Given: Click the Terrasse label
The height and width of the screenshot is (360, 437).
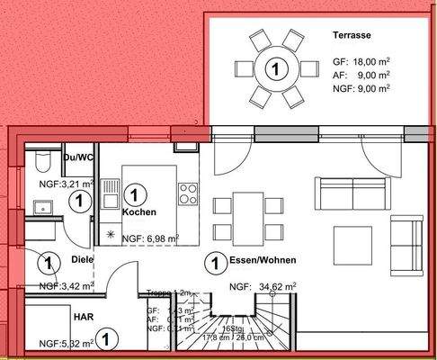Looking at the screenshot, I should click(x=351, y=37).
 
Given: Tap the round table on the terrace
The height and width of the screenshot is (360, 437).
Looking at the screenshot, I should click(x=276, y=67).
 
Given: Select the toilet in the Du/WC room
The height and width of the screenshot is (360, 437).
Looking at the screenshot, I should click(x=40, y=163).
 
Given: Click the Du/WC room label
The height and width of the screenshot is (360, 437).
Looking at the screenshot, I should click(x=79, y=157).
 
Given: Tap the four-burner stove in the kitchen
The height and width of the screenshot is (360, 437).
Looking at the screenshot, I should click(x=189, y=193).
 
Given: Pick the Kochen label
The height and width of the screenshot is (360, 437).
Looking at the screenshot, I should click(x=139, y=212).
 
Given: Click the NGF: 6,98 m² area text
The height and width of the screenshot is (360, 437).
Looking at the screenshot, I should click(x=151, y=238).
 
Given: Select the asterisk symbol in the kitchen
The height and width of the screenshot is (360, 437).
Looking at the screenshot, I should click(x=111, y=236).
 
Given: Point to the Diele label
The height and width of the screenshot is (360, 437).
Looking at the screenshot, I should click(x=82, y=260).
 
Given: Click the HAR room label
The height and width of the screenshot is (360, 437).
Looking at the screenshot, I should click(x=83, y=316).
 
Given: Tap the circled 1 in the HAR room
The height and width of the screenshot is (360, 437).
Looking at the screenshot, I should click(x=106, y=339).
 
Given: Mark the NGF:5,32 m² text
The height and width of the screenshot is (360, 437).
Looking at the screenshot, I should click(x=65, y=343).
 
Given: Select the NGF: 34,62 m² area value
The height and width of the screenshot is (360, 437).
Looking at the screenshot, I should click(x=263, y=288).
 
